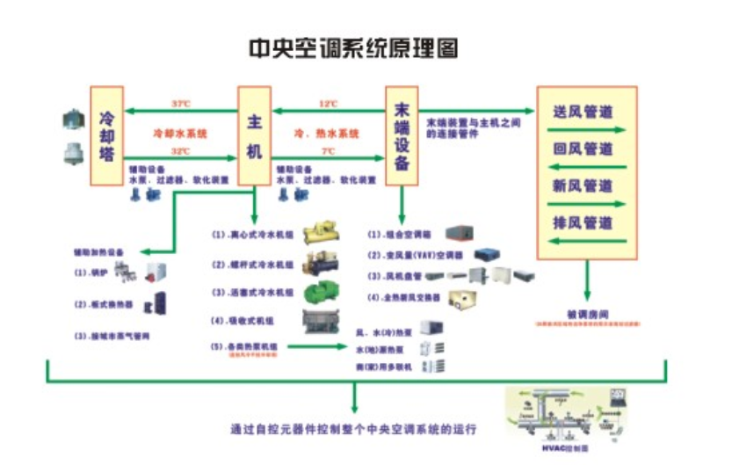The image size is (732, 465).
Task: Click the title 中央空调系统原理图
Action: pos(353,46)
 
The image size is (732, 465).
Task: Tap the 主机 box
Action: pos(253,134)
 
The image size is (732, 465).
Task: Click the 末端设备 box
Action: pos(402,134)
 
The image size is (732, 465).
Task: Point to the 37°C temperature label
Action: pos(180,104)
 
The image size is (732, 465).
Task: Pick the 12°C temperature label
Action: pos(329,104)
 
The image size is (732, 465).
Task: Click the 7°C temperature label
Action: pos(329,151)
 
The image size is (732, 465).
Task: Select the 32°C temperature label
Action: pos(180,151)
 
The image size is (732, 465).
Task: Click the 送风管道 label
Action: pos(583,113)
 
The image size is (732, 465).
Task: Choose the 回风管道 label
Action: pos(583,149)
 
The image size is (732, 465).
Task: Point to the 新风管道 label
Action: pos(583,185)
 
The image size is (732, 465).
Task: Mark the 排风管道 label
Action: pos(583,222)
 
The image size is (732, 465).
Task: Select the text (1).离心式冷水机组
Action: pos(250,236)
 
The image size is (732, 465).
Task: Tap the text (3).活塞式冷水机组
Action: pos(250,291)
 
